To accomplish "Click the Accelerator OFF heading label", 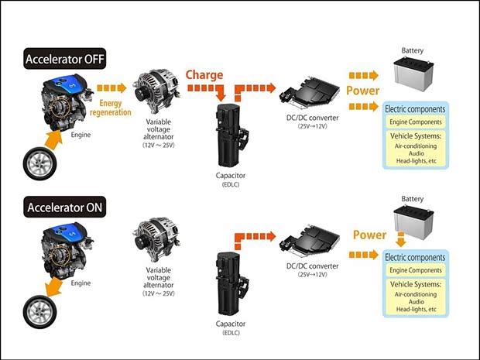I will pyautogui.click(x=64, y=59).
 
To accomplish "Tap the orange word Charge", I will pyautogui.click(x=204, y=76).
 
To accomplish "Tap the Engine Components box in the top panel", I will pyautogui.click(x=417, y=122).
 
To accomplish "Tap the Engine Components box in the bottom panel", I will pyautogui.click(x=417, y=269).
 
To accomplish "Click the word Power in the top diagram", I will pyautogui.click(x=362, y=90).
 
